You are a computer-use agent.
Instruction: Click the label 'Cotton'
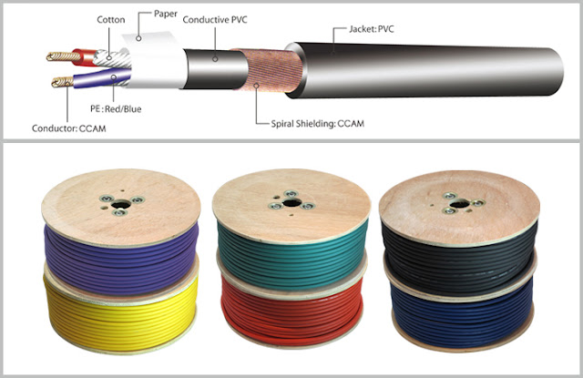click(x=111, y=20)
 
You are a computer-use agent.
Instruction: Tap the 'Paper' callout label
click(x=166, y=15)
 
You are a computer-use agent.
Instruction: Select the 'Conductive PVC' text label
click(x=215, y=20)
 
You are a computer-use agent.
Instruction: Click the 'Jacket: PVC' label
click(x=371, y=29)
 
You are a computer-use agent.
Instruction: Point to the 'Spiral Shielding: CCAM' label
click(x=318, y=124)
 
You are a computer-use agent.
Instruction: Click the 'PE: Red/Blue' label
click(x=116, y=109)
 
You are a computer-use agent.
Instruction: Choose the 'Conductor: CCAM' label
click(x=69, y=128)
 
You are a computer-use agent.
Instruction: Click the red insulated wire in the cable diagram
click(x=85, y=57)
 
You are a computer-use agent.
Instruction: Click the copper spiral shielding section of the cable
click(x=269, y=70)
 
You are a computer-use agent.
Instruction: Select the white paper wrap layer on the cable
click(x=156, y=61)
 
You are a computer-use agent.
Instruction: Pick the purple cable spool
click(x=121, y=261)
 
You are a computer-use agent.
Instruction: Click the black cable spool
click(x=460, y=260)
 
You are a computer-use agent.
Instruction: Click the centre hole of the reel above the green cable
click(x=291, y=203)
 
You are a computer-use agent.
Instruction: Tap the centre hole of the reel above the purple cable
click(x=121, y=204)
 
